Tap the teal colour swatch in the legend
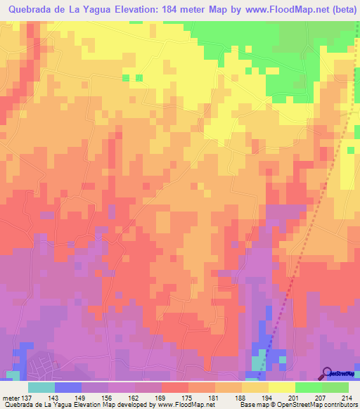[x=41, y=387]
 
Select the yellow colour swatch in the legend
[x=282, y=387]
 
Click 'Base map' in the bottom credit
[x=252, y=405]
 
